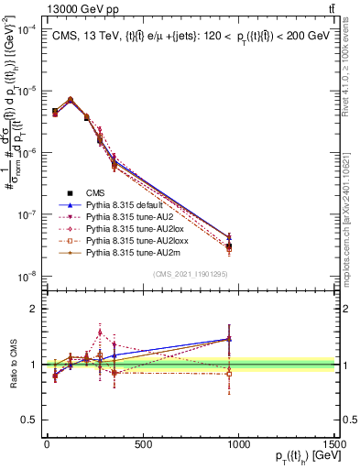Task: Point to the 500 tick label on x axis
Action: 143,445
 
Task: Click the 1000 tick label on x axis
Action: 238,445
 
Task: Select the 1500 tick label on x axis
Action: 333,445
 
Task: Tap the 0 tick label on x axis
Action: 47,445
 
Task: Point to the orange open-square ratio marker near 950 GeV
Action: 228,374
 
